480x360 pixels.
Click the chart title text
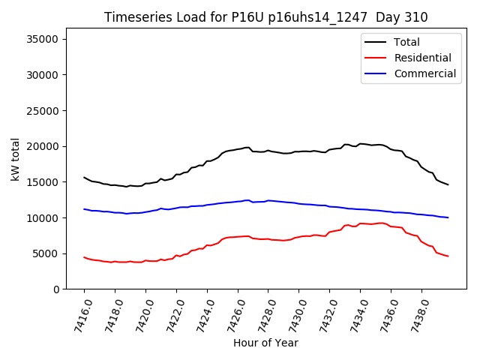(x=265, y=17)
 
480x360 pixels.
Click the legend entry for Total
(x=406, y=42)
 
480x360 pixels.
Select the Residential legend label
(x=422, y=58)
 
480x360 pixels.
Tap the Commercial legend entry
(x=424, y=73)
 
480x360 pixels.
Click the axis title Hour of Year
(x=265, y=343)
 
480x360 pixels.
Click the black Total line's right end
(x=448, y=184)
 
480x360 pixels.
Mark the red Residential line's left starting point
(x=84, y=257)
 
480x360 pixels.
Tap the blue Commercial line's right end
(x=448, y=217)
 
